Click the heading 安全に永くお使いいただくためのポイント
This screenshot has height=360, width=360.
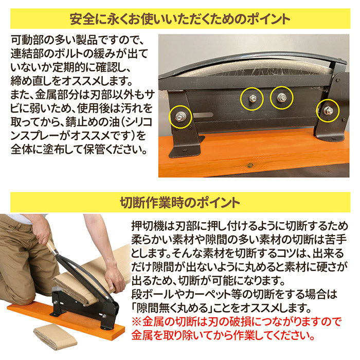tap(180, 19)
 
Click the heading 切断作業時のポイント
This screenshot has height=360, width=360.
tap(180, 203)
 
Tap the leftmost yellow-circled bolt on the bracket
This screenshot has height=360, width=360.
tap(179, 117)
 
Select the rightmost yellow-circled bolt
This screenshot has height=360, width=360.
tap(328, 111)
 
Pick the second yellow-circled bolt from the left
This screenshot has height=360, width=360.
tap(252, 99)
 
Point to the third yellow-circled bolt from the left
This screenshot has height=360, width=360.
tap(281, 98)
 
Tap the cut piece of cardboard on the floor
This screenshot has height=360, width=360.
tap(55, 337)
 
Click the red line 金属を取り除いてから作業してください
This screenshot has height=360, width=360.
tap(223, 336)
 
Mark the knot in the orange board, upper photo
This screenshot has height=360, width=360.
tap(250, 165)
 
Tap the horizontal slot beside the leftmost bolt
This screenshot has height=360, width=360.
tap(203, 115)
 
